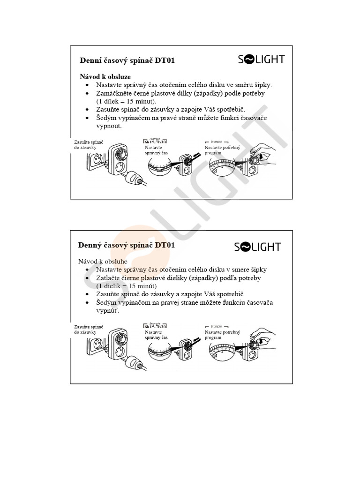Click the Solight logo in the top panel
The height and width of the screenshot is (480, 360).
[x=261, y=59]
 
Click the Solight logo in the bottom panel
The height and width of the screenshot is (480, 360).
[x=257, y=247]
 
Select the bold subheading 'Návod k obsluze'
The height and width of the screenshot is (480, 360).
[x=105, y=76]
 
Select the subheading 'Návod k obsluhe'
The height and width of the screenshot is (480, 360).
[x=104, y=261]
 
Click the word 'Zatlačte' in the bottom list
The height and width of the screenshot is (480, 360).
[x=109, y=278]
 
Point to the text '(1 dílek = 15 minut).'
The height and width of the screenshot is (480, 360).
[x=127, y=101]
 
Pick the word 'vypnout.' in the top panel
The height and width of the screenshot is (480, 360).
[x=109, y=126]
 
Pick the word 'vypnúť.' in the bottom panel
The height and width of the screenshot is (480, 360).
[x=108, y=311]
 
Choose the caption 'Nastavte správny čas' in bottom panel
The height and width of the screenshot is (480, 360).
[x=156, y=335]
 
